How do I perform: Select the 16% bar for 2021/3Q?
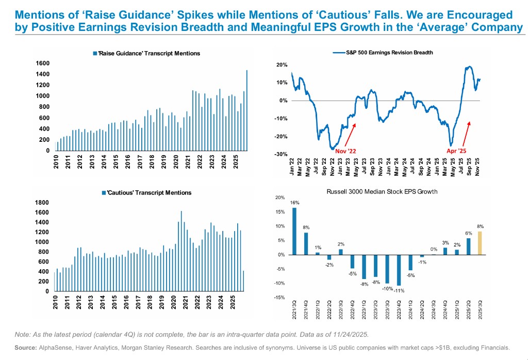click(294, 231)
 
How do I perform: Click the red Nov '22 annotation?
click(345, 152)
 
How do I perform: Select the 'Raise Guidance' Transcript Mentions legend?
click(146, 53)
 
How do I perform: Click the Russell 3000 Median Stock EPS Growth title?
click(382, 192)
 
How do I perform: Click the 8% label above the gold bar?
click(481, 226)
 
